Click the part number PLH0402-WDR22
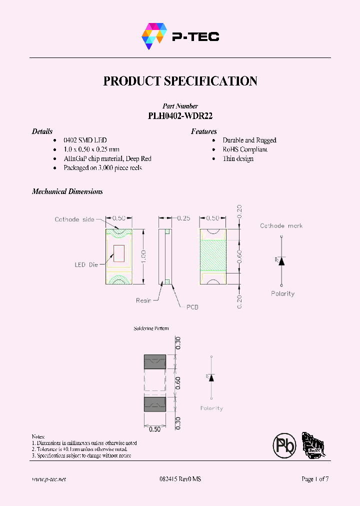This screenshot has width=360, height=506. coord(180,115)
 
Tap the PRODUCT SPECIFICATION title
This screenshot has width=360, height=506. coord(180,81)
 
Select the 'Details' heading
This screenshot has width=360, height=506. coord(42,131)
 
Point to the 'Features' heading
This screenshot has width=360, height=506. coord(203,131)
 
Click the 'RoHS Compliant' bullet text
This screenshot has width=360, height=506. coord(245,149)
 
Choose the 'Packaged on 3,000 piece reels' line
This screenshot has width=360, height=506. coord(102,167)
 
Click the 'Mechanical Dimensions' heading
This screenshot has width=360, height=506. coord(67,191)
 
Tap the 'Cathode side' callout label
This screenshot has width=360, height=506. coord(74,219)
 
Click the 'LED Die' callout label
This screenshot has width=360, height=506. coord(86,264)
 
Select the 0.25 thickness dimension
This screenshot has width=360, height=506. coord(183,218)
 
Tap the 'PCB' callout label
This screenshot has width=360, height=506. coord(192,307)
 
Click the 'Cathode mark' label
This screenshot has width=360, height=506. coord(281,226)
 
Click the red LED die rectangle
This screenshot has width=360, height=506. coord(119,254)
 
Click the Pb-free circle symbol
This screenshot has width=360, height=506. coord(284,444)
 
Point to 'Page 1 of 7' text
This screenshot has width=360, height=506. coord(315,479)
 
